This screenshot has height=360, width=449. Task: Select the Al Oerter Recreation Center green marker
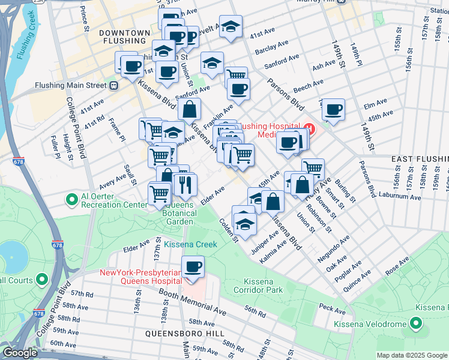pos(72,198)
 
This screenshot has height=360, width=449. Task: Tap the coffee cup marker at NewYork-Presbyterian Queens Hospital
pos(193,266)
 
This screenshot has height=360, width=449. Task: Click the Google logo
pos(20,353)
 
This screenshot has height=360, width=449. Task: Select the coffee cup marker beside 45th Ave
pos(333,110)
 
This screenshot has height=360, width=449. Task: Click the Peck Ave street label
pos(333,309)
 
